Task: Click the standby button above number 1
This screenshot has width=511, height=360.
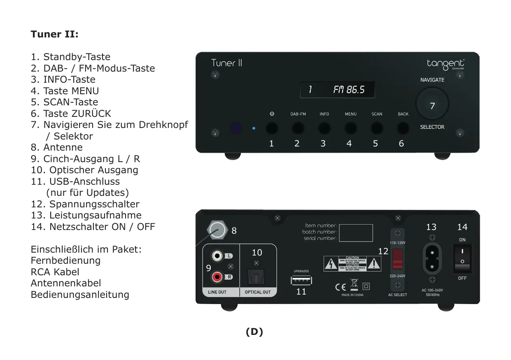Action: [x=272, y=129]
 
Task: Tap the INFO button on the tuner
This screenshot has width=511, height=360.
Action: [x=324, y=129]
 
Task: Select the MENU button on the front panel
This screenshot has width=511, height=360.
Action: [x=350, y=129]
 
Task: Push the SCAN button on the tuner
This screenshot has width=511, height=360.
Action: [x=377, y=129]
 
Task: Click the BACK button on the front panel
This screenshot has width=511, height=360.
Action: [x=403, y=129]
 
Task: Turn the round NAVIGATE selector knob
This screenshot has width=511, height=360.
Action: [x=432, y=104]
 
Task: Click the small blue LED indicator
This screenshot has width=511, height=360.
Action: [x=254, y=128]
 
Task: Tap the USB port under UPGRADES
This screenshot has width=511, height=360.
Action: [x=301, y=280]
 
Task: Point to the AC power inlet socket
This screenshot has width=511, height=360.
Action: [x=432, y=259]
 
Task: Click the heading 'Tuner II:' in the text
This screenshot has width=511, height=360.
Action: [x=54, y=34]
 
